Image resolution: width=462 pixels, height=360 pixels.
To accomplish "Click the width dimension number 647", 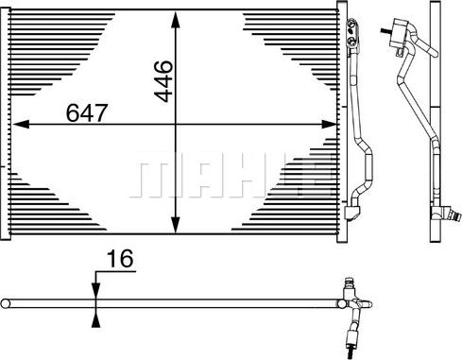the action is tap(87, 112).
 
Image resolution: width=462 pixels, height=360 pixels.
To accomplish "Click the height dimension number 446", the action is tap(163, 81).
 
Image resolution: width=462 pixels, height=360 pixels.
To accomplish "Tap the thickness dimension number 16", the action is tap(121, 259).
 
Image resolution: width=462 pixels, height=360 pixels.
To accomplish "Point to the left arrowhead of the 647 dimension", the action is tap(21, 125).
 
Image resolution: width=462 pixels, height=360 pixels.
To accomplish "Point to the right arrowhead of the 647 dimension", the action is tap(329, 125).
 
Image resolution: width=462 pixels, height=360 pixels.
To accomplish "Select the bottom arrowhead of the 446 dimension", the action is tap(175, 225).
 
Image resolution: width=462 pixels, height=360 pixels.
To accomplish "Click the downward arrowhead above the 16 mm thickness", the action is tap(95, 291).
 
